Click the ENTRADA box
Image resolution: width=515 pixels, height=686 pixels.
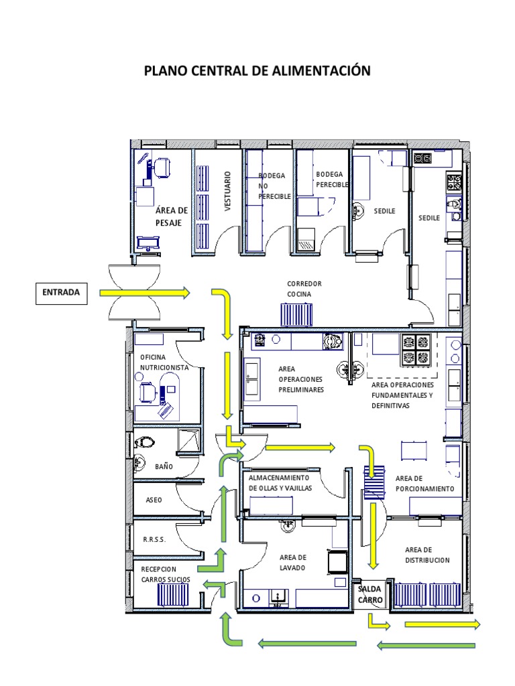(61, 293)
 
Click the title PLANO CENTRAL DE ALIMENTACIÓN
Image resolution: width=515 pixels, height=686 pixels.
(257, 71)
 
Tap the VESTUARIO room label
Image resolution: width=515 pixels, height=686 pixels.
(227, 191)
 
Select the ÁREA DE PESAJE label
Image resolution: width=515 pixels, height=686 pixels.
(172, 216)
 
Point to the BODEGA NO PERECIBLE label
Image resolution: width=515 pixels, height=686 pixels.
(274, 186)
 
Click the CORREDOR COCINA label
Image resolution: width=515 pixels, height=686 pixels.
(304, 289)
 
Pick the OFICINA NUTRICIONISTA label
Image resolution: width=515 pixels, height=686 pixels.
(164, 362)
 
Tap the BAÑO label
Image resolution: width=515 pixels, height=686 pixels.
(164, 467)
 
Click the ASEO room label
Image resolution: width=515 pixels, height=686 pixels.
(154, 500)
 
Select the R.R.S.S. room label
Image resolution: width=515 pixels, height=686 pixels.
(155, 539)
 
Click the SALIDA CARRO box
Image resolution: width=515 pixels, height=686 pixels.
(370, 595)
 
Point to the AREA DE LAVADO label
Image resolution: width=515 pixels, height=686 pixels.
(293, 563)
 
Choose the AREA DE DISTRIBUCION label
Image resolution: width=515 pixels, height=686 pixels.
(427, 555)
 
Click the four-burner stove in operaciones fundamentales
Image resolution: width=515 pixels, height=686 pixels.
(415, 350)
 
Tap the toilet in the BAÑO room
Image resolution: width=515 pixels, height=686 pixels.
(145, 442)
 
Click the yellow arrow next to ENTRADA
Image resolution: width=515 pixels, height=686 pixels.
(145, 293)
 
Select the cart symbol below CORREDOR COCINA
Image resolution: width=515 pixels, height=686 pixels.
(296, 315)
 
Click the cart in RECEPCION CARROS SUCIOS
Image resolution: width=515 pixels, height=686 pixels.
(173, 594)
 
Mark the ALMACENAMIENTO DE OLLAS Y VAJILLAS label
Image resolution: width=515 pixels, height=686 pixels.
(280, 483)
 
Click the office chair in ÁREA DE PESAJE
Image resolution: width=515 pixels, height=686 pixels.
(161, 168)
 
